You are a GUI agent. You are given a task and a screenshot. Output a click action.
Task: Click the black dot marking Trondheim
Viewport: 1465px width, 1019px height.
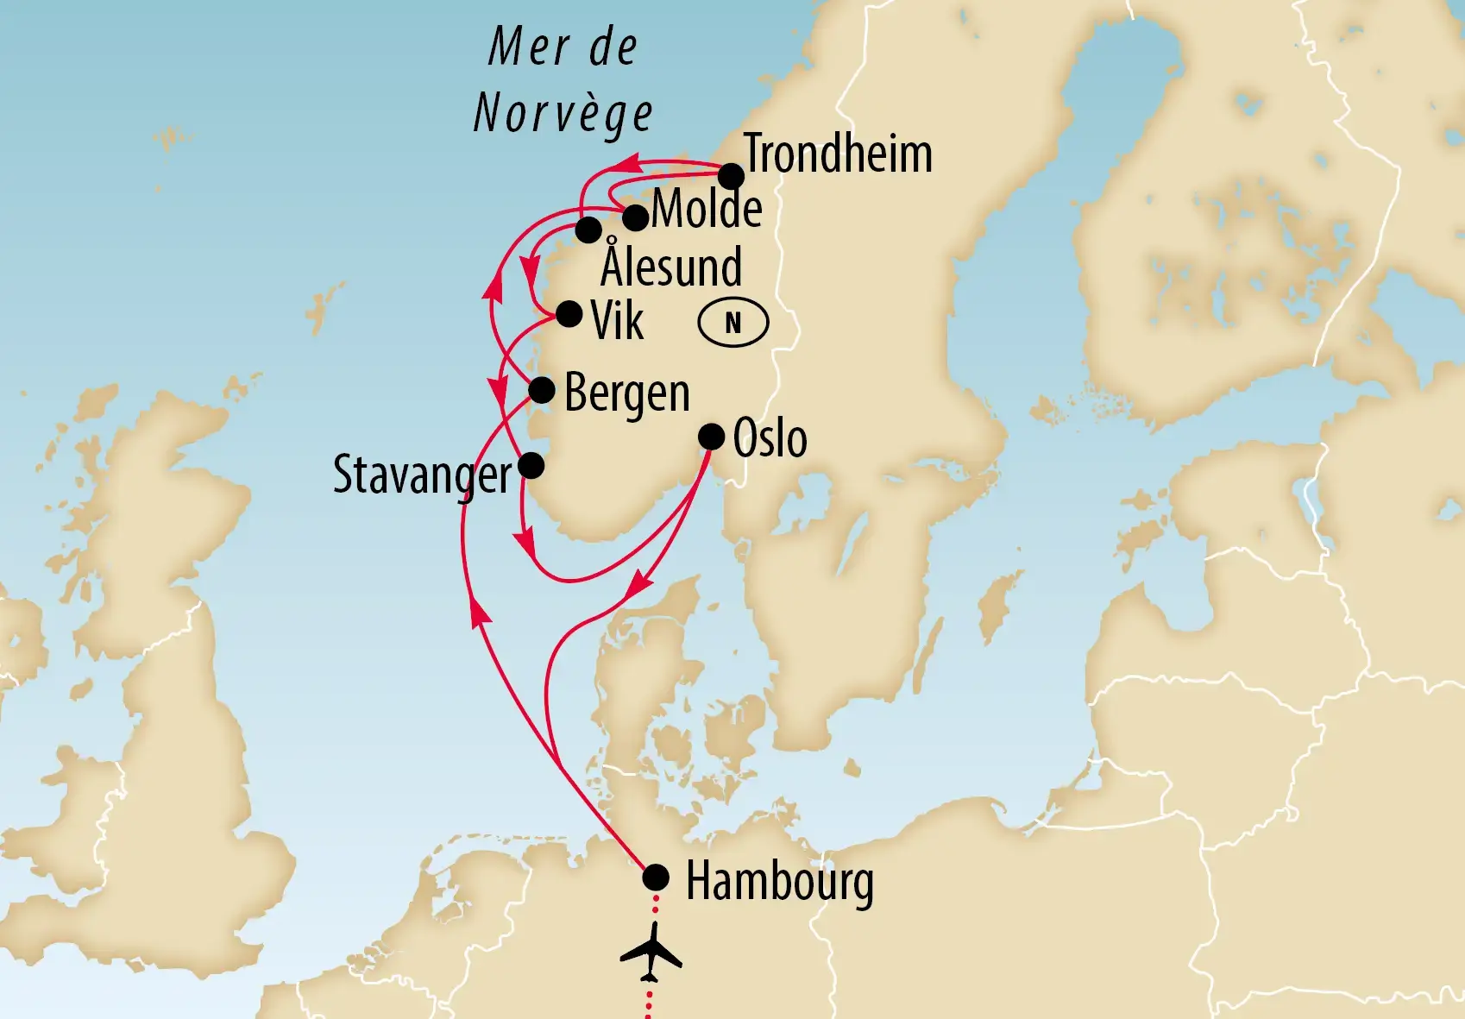[x=731, y=176]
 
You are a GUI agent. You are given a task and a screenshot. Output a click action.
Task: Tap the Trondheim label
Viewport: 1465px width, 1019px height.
[x=837, y=154]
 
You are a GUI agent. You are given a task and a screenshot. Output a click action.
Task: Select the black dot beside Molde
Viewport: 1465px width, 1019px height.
[x=635, y=217]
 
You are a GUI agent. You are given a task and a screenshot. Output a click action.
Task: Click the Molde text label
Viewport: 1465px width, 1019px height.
[x=707, y=209]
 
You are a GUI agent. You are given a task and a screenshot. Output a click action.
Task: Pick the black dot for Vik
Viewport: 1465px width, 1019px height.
[x=569, y=313]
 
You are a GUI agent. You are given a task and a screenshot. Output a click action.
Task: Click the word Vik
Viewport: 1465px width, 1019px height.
[x=617, y=322]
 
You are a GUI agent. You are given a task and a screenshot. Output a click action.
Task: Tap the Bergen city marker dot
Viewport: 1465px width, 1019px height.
[x=541, y=390]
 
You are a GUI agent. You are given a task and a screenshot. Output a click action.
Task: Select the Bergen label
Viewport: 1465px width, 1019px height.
[x=627, y=393]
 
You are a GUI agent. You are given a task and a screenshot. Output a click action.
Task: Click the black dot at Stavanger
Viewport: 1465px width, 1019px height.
[x=531, y=466]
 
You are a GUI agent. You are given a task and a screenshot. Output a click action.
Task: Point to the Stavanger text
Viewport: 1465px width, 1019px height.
[x=422, y=475]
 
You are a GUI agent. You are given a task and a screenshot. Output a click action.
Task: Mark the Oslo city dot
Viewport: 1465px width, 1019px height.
[x=711, y=437]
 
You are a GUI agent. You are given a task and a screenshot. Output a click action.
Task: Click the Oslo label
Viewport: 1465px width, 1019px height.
[x=770, y=438]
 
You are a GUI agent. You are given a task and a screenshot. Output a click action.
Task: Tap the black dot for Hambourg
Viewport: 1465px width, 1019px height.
[x=656, y=877]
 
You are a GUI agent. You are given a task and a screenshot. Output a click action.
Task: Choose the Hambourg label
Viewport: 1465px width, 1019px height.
[x=779, y=882]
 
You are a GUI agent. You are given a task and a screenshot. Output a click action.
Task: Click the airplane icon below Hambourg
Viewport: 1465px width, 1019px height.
[x=651, y=953]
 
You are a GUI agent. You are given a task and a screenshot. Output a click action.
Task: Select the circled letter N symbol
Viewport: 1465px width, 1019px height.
[x=732, y=323]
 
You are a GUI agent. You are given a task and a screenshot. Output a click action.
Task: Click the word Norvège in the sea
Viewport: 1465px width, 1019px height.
[x=563, y=114]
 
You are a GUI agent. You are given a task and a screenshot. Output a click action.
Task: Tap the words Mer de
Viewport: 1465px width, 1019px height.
[x=563, y=47]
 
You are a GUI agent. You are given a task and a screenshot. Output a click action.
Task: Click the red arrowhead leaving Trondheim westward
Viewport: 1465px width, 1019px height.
[x=626, y=162]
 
